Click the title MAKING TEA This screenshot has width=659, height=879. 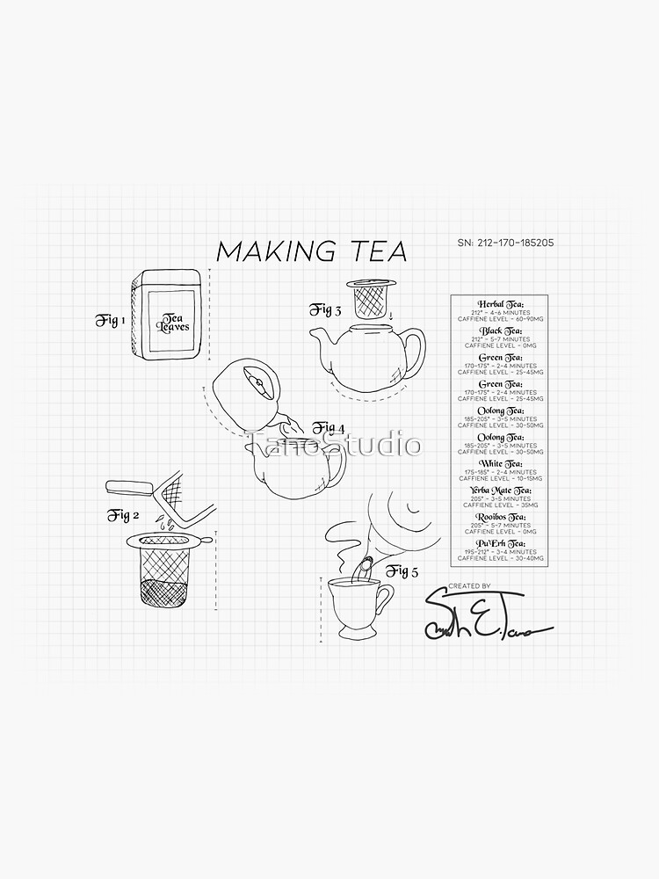pos(312,251)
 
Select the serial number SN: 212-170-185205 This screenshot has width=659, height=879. pos(505,243)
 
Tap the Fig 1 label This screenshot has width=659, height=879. pos(111,320)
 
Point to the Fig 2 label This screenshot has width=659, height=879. pos(124,515)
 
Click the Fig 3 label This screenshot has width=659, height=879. pos(324,309)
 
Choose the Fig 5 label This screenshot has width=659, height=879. pos(401,571)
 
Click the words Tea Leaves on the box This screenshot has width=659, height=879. pos(173,322)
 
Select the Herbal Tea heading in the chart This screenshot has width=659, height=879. pos(498,303)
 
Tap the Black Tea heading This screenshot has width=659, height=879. pos(498,331)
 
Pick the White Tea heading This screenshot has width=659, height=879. pos(498,463)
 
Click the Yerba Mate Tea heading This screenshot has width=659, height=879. pos(498,490)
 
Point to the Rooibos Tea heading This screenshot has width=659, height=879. pos(498,517)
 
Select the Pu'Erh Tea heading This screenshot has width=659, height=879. pos(498,543)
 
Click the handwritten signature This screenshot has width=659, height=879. pos(483,618)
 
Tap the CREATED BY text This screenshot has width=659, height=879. pos(469,585)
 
